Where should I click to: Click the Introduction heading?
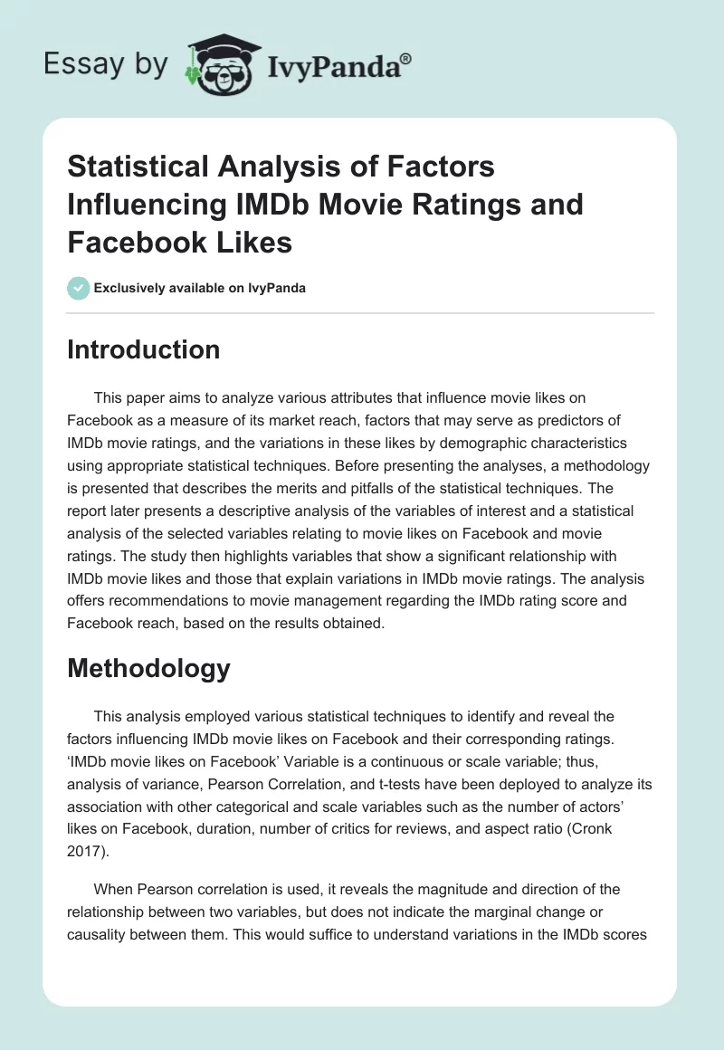(x=143, y=350)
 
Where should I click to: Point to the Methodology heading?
(x=148, y=668)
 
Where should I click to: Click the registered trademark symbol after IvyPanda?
(x=406, y=58)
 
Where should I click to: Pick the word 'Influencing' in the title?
(x=148, y=205)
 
